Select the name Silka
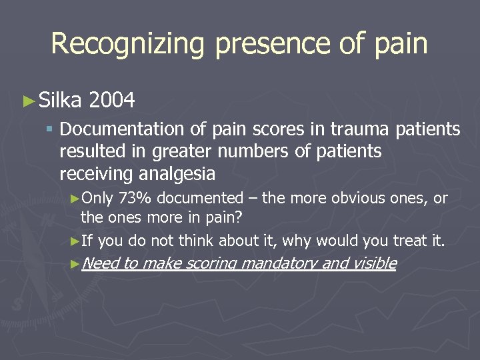click(60, 101)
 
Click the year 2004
click(111, 101)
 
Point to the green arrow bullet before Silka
click(27, 101)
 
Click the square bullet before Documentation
click(50, 129)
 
